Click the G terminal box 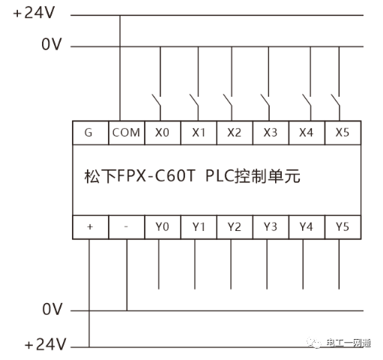pos(91,133)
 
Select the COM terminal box pos(127,133)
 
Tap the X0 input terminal pos(163,133)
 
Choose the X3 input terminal pos(271,133)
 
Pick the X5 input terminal pos(343,133)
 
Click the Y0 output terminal pos(163,227)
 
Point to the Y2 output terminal pos(235,227)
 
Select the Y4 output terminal pos(307,227)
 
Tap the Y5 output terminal pos(343,227)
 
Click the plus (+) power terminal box pos(91,227)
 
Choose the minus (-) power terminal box pos(127,227)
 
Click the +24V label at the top pos(34,13)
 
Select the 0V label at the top pos(52,44)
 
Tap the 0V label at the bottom pos(52,309)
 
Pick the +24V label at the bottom pos(46,344)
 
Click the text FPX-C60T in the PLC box pos(156,176)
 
